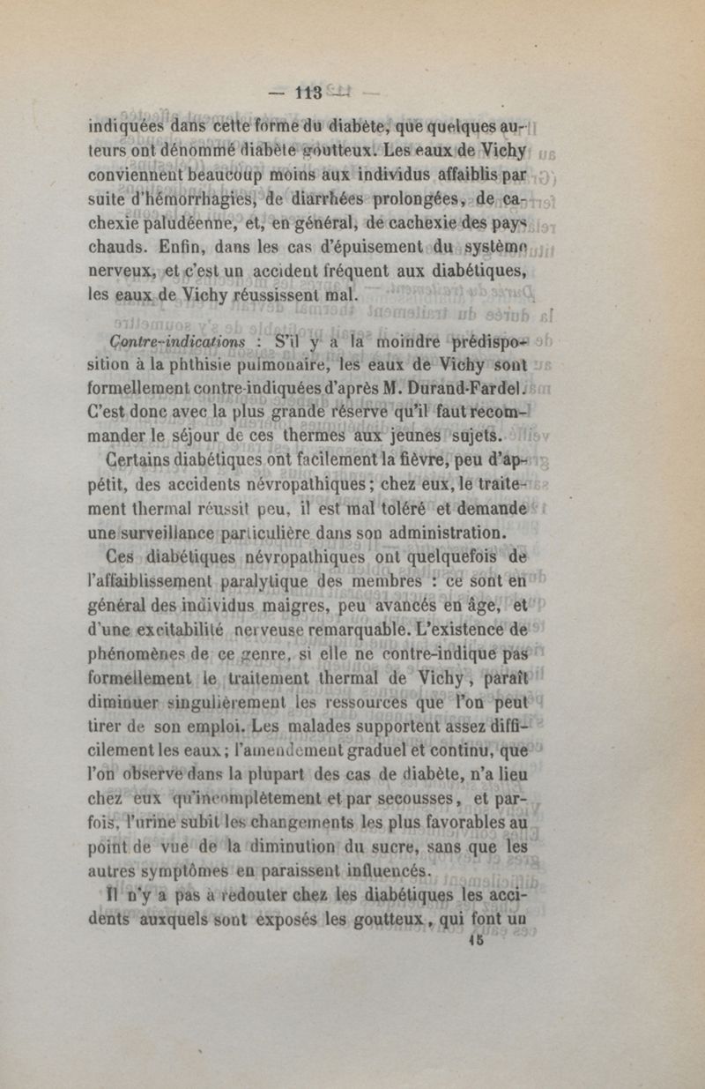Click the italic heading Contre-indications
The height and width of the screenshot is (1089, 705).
[178, 340]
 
